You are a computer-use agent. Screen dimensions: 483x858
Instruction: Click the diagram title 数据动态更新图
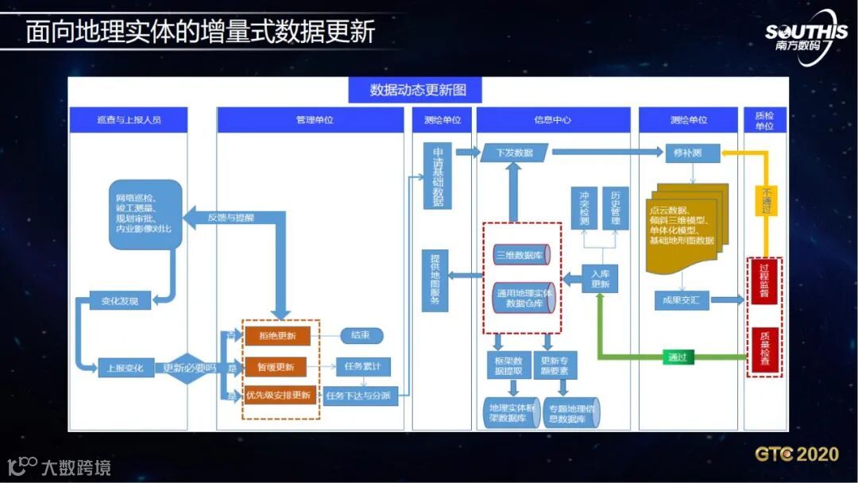click(x=415, y=90)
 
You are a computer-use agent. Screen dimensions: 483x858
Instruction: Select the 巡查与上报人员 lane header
click(x=128, y=120)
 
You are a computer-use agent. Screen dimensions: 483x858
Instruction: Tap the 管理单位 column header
click(x=310, y=120)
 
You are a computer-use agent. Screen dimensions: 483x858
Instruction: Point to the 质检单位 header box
click(x=764, y=120)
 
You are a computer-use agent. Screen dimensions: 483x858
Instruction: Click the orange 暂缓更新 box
click(x=275, y=367)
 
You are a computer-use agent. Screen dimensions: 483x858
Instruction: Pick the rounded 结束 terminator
click(x=361, y=336)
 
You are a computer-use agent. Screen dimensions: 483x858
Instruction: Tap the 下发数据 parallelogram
click(x=514, y=153)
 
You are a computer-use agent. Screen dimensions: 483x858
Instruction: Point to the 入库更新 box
click(x=600, y=278)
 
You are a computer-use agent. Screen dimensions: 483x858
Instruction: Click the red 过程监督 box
click(x=764, y=280)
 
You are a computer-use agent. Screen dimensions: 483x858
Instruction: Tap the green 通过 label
click(x=677, y=357)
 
